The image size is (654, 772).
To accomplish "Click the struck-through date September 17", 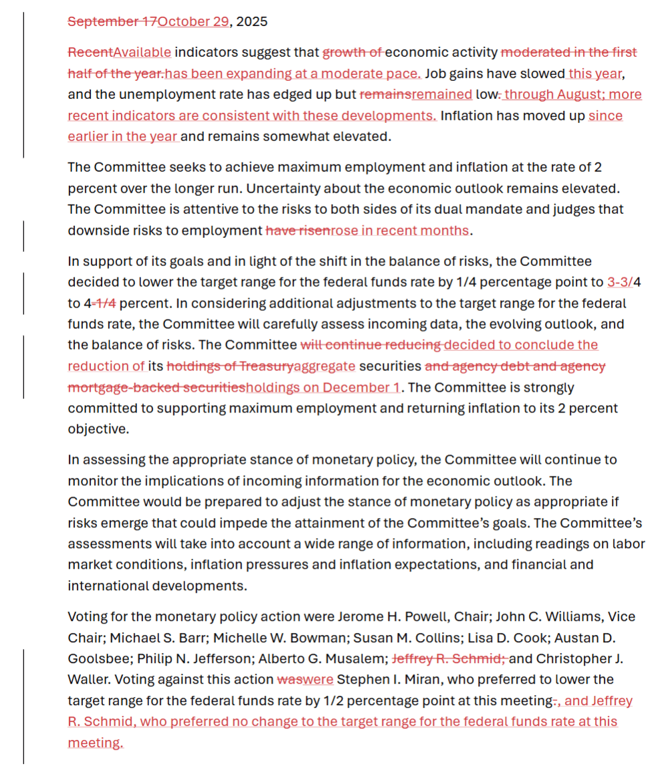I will [x=112, y=21].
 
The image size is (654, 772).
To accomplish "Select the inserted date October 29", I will [x=193, y=21].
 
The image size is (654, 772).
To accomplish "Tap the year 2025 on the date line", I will [x=251, y=21].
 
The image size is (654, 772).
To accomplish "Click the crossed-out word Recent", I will [x=90, y=52].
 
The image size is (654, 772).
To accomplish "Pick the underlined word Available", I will [x=142, y=52].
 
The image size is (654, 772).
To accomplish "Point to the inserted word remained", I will [x=441, y=94].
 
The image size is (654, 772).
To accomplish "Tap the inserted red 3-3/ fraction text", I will [x=619, y=282].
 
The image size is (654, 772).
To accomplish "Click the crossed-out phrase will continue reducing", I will [x=370, y=345].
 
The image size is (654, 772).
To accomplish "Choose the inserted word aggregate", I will [x=324, y=366].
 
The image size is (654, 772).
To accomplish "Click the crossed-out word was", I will [x=289, y=680].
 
